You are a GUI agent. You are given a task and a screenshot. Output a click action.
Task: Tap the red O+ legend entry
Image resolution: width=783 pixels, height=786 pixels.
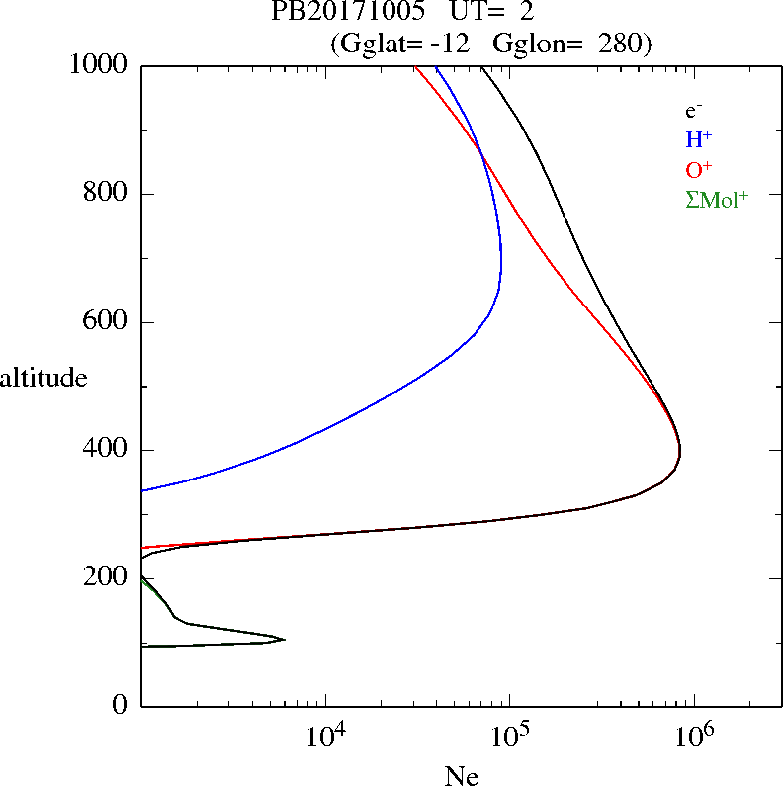pyautogui.click(x=699, y=169)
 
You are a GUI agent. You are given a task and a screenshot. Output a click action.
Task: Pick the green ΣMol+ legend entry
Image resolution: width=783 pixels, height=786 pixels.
pyautogui.click(x=717, y=199)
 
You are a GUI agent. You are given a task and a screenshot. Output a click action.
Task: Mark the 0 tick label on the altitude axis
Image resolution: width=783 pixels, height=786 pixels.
pyautogui.click(x=121, y=706)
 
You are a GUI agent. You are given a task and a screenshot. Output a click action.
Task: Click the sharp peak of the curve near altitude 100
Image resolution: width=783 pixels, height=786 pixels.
pyautogui.click(x=285, y=640)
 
